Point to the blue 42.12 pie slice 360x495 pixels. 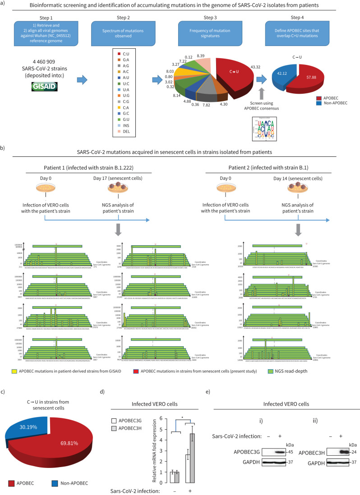pyautogui.click(x=281, y=68)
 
